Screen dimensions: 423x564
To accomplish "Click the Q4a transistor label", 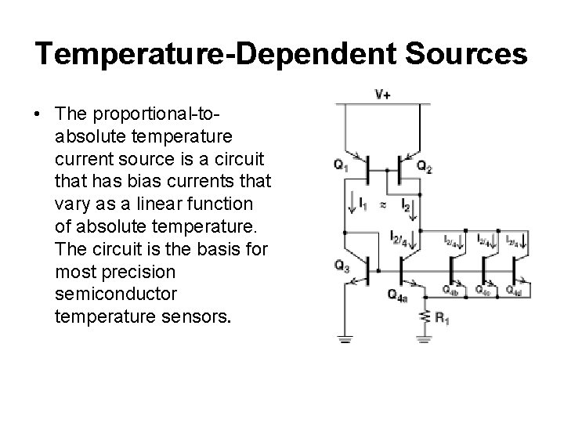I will pos(398,295).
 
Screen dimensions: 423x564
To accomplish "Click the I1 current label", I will pos(362,205).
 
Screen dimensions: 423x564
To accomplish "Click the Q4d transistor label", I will pos(514,291).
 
